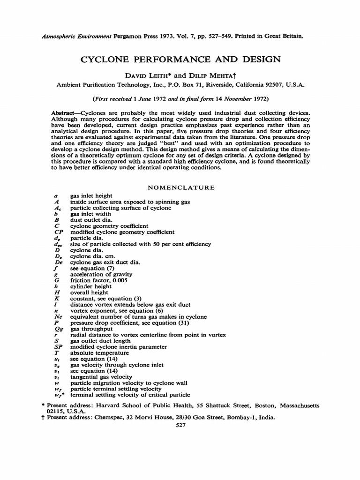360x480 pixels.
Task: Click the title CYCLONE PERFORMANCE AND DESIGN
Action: tap(181, 60)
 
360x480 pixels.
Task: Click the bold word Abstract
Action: tap(63, 114)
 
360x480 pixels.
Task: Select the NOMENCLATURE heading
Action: tap(181, 187)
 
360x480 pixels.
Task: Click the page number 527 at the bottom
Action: tap(180, 425)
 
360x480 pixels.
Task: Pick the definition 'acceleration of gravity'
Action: tap(101, 274)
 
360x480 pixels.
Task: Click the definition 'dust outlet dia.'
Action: tap(90, 220)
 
